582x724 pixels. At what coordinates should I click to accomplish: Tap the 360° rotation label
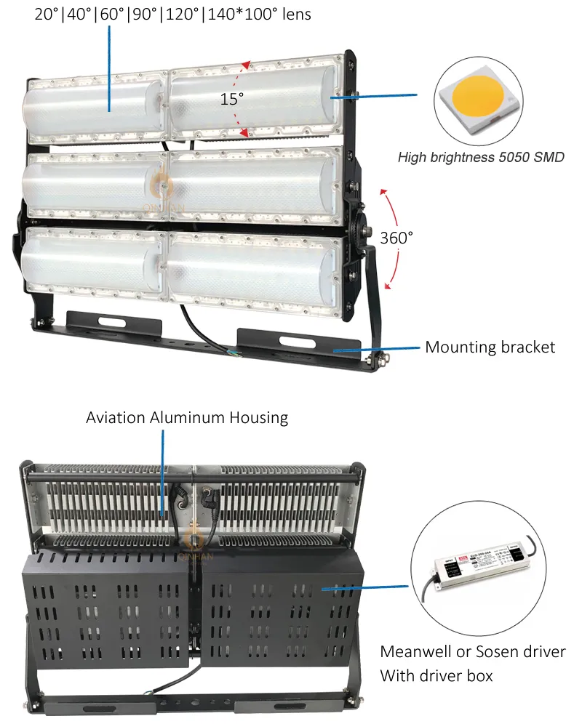396,237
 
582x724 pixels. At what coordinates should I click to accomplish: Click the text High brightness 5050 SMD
480,157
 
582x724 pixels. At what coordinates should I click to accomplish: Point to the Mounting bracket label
490,347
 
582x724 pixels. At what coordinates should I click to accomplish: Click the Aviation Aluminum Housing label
187,418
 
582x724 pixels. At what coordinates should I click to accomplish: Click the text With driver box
436,676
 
